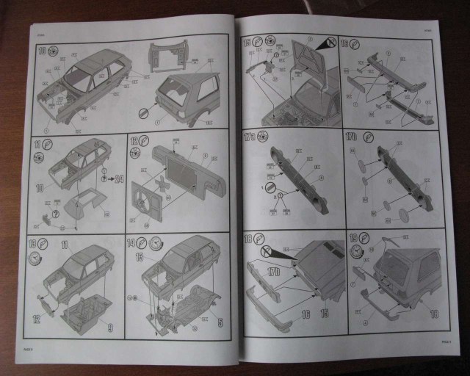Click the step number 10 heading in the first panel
[x=41, y=51]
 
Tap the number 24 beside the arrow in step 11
[x=119, y=178]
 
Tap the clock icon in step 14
[x=156, y=245]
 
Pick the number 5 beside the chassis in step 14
[x=220, y=321]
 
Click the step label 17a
[x=250, y=137]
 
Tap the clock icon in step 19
[x=357, y=252]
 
